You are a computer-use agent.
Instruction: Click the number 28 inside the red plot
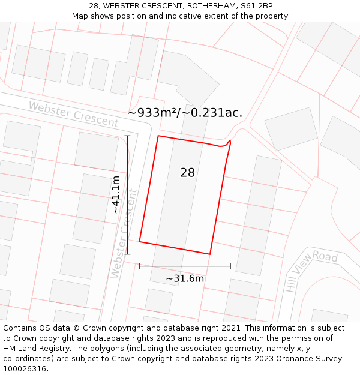point(187,173)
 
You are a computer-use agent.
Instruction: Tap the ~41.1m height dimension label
point(116,194)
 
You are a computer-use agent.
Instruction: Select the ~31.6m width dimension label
point(185,278)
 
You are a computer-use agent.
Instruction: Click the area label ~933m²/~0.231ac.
point(185,113)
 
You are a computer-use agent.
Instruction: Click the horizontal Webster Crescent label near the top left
point(74,114)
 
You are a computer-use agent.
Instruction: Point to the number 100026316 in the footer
point(25,369)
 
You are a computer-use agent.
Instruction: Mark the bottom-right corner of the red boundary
point(210,254)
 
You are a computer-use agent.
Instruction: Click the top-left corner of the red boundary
point(158,136)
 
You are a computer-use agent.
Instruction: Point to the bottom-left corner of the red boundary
point(139,242)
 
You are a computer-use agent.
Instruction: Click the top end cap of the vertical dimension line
point(127,136)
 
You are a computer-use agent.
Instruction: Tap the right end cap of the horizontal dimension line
point(230,266)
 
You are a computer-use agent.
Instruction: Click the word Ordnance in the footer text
point(288,359)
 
